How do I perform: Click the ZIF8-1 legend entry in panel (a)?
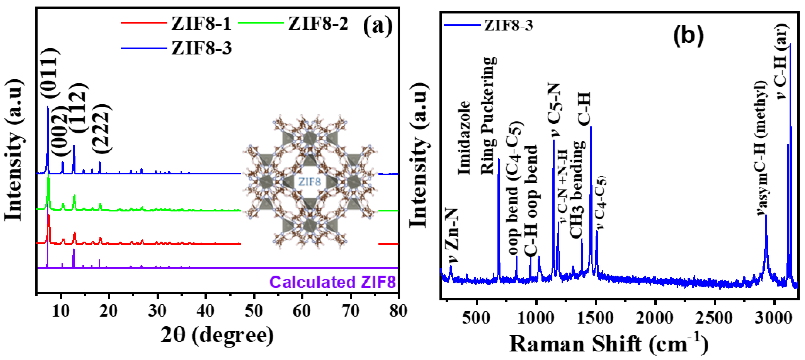201,24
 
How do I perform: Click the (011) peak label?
50,74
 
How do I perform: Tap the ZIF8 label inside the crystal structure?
309,181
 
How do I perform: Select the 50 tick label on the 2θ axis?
254,311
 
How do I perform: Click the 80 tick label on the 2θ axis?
398,311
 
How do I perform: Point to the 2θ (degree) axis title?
217,335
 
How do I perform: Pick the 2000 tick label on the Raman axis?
654,318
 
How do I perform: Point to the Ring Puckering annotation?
488,116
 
